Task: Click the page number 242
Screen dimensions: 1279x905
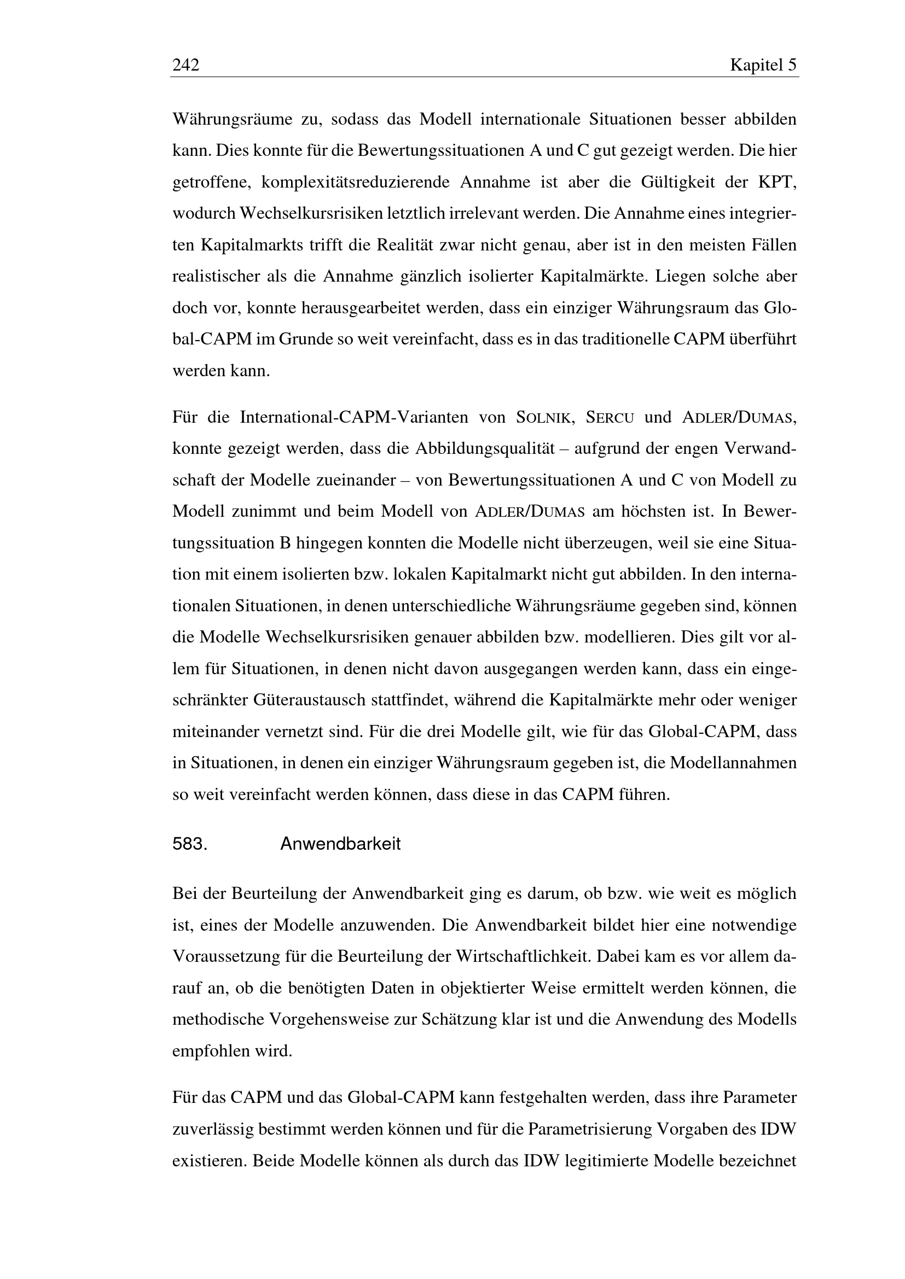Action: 185,66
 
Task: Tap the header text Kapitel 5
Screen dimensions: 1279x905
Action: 763,66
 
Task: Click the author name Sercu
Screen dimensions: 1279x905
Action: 610,418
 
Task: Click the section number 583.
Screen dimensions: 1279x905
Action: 190,844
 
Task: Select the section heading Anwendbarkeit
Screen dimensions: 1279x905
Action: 340,844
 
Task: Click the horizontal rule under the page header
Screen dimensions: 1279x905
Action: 484,77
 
